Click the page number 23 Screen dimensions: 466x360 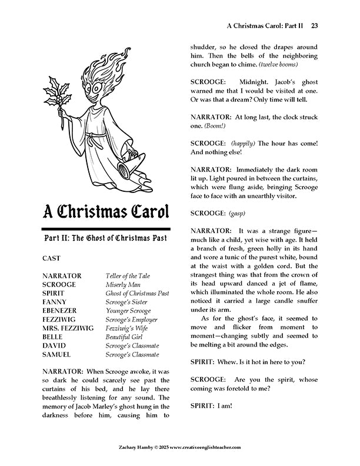pos(315,25)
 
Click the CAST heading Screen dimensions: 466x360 pos(52,258)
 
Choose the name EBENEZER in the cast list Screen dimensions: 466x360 pos(63,311)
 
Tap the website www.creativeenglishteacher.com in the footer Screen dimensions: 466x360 pos(206,447)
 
